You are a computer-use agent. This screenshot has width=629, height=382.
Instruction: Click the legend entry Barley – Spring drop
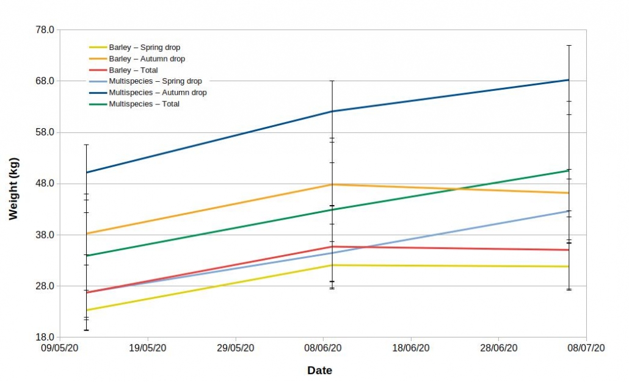[144, 48]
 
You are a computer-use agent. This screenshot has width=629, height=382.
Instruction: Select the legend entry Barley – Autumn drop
[147, 59]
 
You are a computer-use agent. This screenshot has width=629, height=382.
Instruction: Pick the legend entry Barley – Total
[133, 70]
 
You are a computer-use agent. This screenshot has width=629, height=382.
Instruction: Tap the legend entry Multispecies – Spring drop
[155, 81]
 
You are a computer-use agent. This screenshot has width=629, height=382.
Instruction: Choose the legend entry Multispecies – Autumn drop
[158, 93]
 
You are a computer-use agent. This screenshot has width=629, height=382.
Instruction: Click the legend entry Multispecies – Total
[144, 104]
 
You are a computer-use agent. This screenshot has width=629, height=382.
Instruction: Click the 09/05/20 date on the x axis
[60, 348]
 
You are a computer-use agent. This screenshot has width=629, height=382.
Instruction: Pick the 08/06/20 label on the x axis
[323, 348]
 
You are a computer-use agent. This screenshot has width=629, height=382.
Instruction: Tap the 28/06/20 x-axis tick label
[498, 348]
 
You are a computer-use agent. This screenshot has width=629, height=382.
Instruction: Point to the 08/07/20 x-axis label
[586, 348]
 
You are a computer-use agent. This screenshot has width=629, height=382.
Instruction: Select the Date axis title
[319, 370]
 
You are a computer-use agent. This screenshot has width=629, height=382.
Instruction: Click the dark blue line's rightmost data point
[569, 80]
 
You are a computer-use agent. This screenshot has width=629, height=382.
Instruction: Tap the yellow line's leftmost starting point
[87, 310]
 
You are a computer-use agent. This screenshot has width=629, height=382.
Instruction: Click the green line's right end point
[569, 170]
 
